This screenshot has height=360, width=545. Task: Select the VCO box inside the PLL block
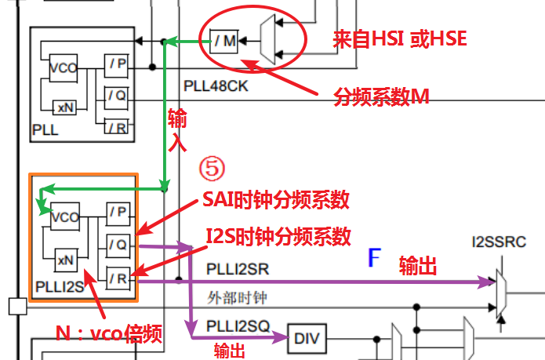63,67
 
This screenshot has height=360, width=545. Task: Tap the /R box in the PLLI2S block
119,277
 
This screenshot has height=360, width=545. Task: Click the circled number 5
212,169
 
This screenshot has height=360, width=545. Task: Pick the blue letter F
376,258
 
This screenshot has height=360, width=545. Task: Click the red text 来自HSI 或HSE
400,37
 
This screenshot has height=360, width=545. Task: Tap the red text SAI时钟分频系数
275,201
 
